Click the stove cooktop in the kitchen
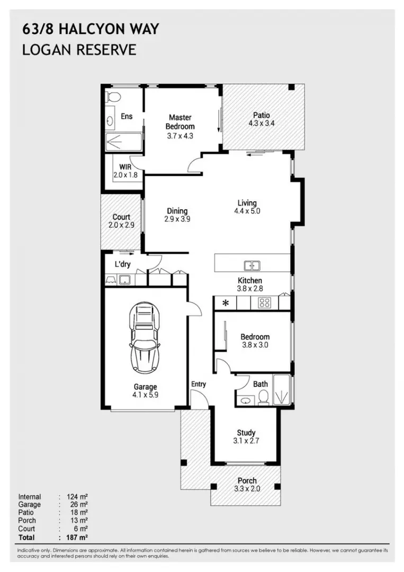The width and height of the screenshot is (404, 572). [x=264, y=303]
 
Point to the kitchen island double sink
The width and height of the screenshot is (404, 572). [x=251, y=266]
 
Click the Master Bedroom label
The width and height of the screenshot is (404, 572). [x=180, y=122]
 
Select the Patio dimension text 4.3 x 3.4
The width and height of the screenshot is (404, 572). [x=261, y=123]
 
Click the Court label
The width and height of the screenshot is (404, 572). [x=121, y=217]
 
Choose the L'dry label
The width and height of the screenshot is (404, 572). [x=123, y=264]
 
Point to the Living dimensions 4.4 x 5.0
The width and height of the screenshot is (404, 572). [x=247, y=211]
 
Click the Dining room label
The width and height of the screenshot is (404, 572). [x=177, y=211]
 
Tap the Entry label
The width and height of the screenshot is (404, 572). [x=198, y=384]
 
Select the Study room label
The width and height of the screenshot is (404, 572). [x=246, y=432]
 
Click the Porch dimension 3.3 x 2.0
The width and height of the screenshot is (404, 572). [x=247, y=489]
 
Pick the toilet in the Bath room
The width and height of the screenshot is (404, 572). [x=263, y=397]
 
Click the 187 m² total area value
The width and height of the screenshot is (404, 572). [x=77, y=537]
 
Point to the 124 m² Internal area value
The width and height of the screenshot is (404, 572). [x=77, y=497]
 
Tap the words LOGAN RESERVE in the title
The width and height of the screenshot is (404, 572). [x=79, y=50]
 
